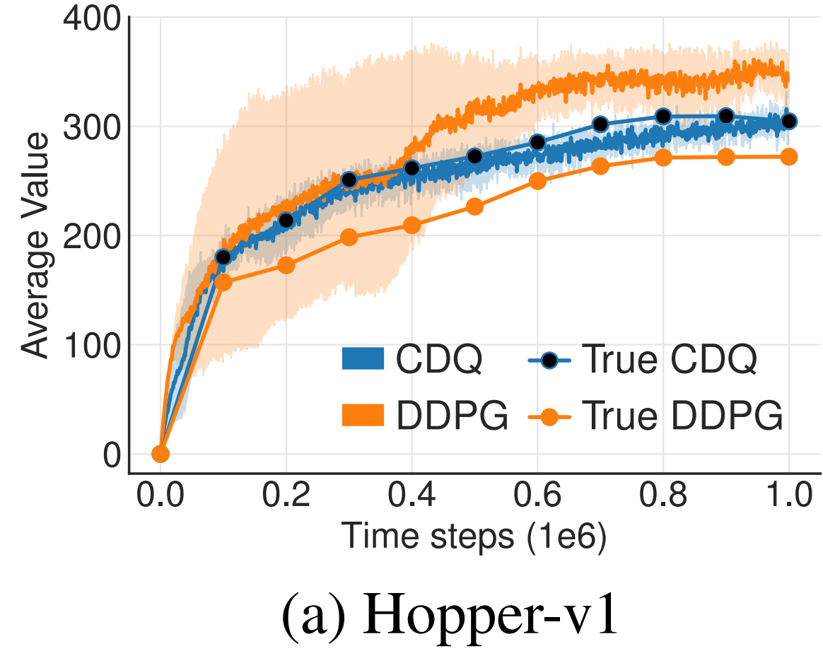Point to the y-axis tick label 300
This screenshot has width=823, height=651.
tap(91, 127)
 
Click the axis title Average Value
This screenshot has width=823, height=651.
tap(35, 245)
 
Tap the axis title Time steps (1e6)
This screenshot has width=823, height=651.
tap(474, 536)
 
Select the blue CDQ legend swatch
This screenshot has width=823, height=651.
tap(363, 359)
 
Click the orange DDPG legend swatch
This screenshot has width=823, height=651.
tap(363, 415)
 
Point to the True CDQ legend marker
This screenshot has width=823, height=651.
tap(549, 360)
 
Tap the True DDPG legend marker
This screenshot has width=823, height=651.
tap(549, 417)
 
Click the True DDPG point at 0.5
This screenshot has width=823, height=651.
tap(474, 206)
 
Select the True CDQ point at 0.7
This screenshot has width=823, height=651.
tap(600, 124)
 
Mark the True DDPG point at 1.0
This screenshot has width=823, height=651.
tap(789, 156)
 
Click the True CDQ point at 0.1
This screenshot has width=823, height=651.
tap(223, 257)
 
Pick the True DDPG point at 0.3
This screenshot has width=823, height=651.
tap(349, 237)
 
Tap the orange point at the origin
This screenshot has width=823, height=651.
tap(160, 454)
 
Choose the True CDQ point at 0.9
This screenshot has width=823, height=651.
tap(726, 116)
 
